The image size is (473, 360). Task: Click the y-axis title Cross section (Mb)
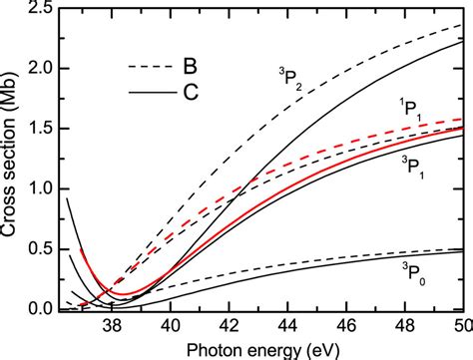click(14, 159)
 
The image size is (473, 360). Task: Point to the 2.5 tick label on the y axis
click(41, 11)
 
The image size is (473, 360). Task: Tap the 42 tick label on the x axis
click(229, 325)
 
